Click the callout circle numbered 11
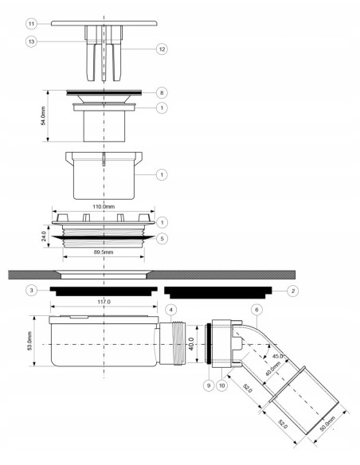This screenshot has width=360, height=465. click(x=31, y=24)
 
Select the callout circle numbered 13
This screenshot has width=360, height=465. click(x=31, y=41)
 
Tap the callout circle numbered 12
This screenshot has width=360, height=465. click(x=162, y=49)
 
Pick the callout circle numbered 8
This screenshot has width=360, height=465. click(x=162, y=92)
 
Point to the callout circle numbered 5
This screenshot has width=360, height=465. click(x=162, y=238)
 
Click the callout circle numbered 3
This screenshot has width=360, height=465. click(x=31, y=291)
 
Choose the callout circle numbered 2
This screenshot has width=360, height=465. click(x=293, y=291)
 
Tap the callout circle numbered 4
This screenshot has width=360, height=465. click(x=170, y=310)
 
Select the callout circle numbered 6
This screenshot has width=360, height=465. click(x=256, y=310)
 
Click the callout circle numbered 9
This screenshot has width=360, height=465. click(x=209, y=385)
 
